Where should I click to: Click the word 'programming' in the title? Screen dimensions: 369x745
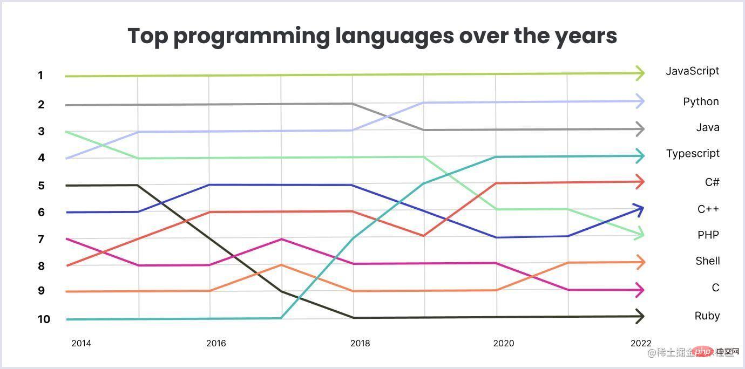coord(251,37)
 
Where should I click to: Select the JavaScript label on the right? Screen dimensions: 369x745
coord(692,71)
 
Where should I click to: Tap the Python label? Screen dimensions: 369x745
coord(701,102)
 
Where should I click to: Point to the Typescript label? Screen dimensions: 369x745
coord(693,154)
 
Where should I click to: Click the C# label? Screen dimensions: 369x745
coord(712,182)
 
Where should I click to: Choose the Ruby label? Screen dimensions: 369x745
coord(707,316)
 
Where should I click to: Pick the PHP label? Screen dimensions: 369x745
coord(708,235)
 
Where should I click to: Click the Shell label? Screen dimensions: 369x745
coord(708,261)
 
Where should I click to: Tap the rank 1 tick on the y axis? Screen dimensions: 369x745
coord(40,76)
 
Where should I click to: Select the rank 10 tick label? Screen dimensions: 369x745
coord(44,319)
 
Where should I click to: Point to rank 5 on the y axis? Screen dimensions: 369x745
coord(40,186)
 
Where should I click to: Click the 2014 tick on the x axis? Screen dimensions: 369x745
coord(81,343)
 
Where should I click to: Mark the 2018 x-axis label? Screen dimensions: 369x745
coord(360,343)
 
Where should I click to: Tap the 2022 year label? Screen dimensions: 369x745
coord(641,343)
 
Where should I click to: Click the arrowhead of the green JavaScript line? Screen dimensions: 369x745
coord(639,73)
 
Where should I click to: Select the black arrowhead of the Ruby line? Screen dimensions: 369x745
coord(639,316)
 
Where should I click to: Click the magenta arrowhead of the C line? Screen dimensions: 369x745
coord(639,290)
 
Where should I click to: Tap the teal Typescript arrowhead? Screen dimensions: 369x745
coord(639,156)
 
